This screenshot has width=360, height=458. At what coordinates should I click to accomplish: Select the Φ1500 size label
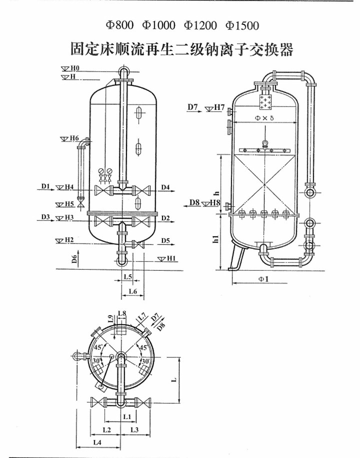[241, 25]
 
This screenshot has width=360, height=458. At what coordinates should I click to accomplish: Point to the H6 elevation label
[74, 139]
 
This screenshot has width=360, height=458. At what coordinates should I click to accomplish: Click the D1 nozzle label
[45, 186]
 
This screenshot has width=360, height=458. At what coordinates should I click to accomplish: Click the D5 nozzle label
[165, 241]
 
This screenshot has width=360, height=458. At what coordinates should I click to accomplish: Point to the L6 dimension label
[131, 291]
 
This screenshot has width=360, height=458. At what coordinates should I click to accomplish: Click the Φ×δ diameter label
[264, 118]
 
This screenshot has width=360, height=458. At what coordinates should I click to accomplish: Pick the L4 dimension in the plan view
[97, 442]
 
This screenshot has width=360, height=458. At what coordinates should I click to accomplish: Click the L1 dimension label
[127, 416]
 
